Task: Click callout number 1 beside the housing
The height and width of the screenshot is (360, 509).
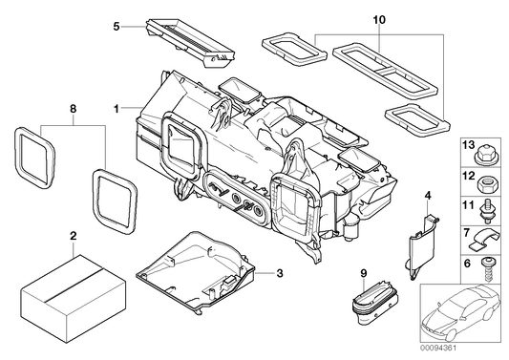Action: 117,109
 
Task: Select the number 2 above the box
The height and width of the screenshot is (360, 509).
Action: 73,234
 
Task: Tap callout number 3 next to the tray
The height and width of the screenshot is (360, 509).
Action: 280,274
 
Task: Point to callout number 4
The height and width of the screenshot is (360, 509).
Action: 428,196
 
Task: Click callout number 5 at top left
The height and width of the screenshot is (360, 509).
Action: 116,28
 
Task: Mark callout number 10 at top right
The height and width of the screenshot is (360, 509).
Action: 379,19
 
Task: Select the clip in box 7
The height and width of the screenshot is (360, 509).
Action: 488,234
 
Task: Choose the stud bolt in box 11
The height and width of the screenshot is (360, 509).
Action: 488,207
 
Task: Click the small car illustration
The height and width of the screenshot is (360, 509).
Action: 462,316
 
